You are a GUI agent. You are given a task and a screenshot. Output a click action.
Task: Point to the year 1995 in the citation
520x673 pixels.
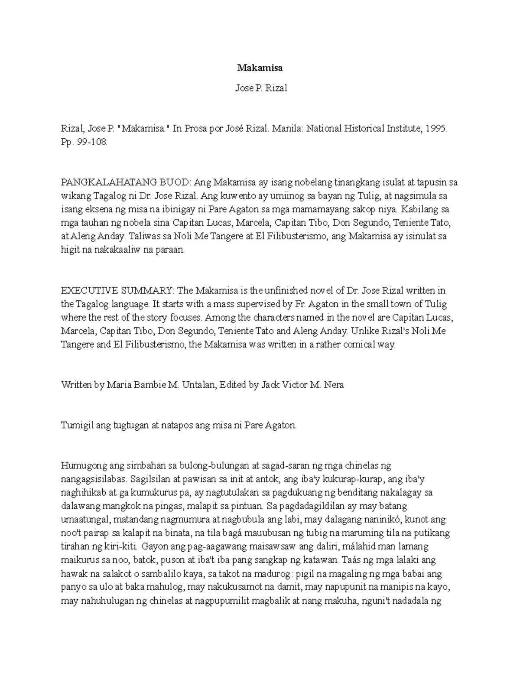(435, 129)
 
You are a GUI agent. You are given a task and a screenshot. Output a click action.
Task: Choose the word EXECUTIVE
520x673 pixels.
(87, 290)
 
